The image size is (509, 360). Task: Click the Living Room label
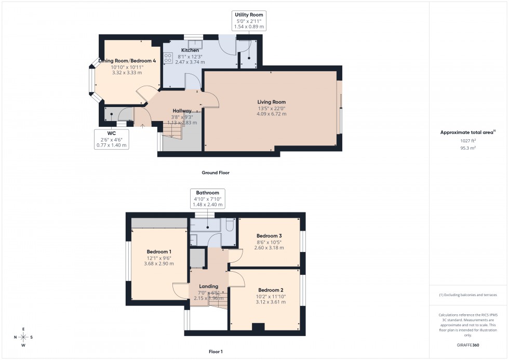pos(272,102)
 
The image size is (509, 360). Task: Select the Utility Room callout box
pos(249,20)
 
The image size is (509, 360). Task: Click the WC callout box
pos(111,139)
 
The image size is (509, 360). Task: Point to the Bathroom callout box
pos(207,198)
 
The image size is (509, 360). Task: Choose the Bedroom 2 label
pos(270,290)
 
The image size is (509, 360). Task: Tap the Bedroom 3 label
pos(269,235)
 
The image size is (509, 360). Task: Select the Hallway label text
pos(182,111)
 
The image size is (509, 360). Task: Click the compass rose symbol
pos(23,337)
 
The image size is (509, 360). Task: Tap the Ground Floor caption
pos(216,172)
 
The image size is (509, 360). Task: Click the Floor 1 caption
pos(215,352)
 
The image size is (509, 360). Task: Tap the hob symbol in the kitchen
pos(168,58)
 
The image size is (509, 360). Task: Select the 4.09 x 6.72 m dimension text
pos(272,114)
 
